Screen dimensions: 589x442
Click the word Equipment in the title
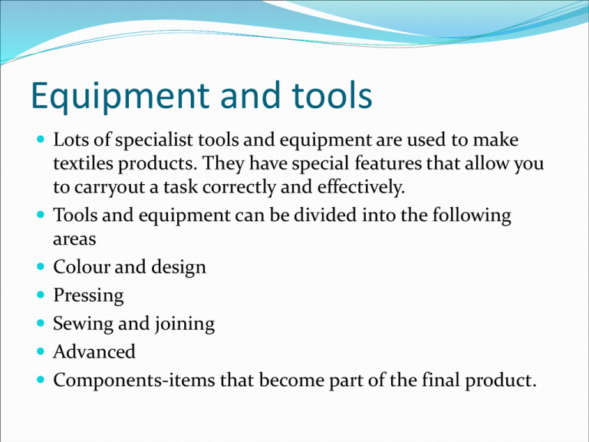pyautogui.click(x=120, y=96)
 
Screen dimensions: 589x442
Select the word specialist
pyautogui.click(x=154, y=140)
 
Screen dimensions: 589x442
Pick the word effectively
pyautogui.click(x=361, y=186)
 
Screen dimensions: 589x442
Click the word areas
pyautogui.click(x=74, y=239)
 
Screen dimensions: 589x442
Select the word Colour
pyautogui.click(x=81, y=267)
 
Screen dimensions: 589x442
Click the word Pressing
pyautogui.click(x=88, y=295)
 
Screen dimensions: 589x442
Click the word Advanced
pyautogui.click(x=94, y=351)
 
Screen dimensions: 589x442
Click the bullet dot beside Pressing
pyautogui.click(x=41, y=295)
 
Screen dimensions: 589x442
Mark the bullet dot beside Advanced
pyautogui.click(x=41, y=351)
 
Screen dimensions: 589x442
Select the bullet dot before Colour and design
pyautogui.click(x=41, y=267)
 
